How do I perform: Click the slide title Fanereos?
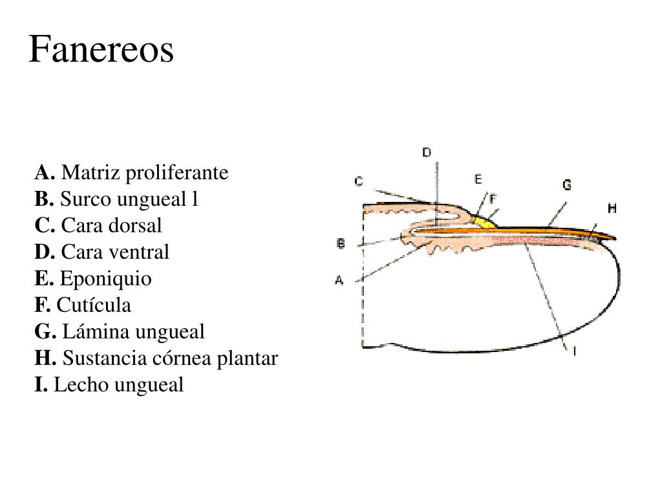101,49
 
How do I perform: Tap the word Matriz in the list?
91,172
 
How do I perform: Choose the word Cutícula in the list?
94,305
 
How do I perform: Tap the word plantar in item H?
248,359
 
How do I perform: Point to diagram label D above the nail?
427,152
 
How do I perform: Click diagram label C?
358,181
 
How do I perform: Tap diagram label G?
566,184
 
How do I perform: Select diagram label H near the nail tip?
612,208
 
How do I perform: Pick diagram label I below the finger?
575,350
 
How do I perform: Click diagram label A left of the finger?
339,280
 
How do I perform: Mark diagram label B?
341,243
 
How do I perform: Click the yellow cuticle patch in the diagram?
484,223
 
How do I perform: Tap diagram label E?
478,179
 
